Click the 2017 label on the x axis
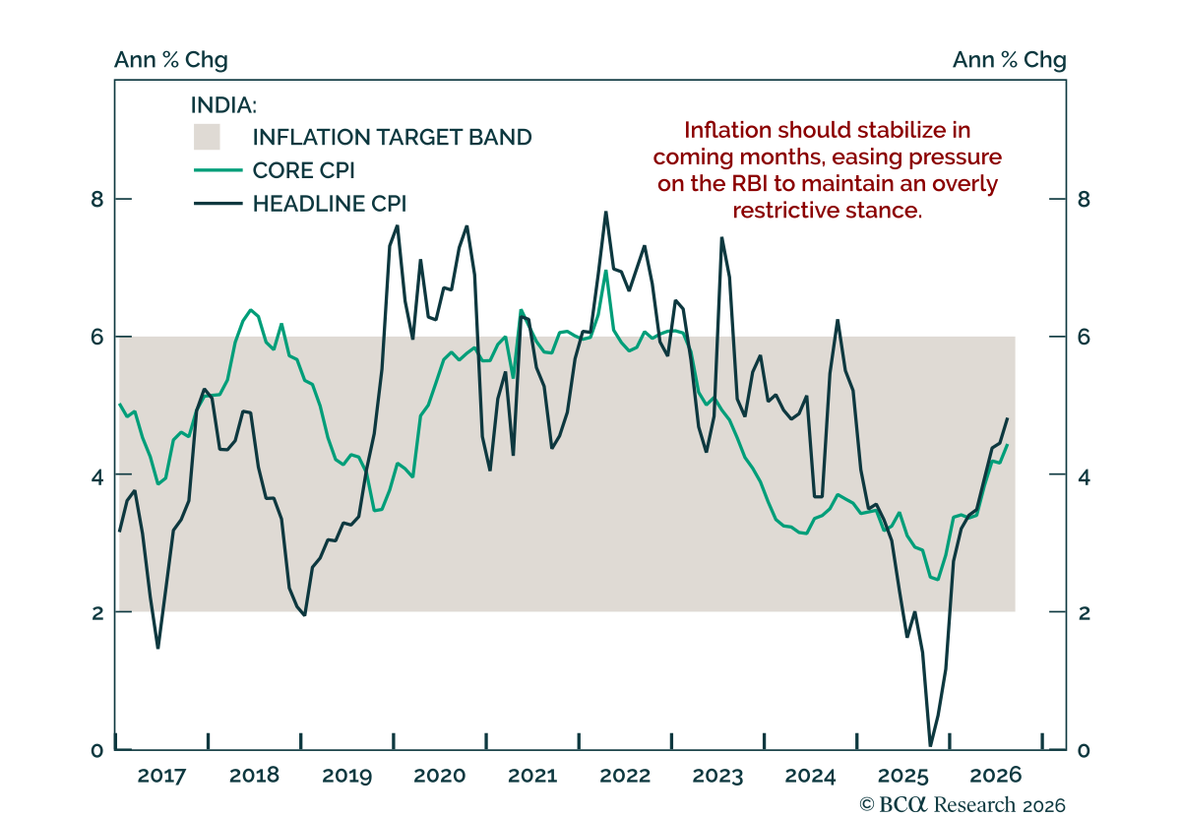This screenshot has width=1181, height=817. (x=161, y=776)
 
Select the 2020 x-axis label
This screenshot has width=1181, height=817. (x=439, y=776)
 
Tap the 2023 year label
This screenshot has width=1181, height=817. (x=717, y=776)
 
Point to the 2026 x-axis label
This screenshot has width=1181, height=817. (x=995, y=776)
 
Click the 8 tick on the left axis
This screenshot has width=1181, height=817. (x=97, y=200)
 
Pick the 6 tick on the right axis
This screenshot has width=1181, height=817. (x=1084, y=337)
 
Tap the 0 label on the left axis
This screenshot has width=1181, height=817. (x=97, y=750)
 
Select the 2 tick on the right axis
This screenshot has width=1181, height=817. (x=1084, y=613)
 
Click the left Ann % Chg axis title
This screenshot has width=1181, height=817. (x=171, y=60)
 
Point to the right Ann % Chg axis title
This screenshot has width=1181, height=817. (x=1009, y=60)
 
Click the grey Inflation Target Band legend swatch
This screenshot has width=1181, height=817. (x=207, y=137)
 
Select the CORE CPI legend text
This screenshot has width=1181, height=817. (x=304, y=170)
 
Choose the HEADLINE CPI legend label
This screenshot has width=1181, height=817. (x=330, y=204)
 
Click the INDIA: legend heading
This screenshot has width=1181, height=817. (x=223, y=105)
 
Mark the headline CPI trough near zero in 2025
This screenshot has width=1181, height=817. (x=930, y=745)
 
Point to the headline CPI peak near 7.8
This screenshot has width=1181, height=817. (x=606, y=213)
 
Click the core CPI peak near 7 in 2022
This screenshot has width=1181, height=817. (x=606, y=271)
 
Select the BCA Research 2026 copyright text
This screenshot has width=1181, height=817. (x=963, y=805)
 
